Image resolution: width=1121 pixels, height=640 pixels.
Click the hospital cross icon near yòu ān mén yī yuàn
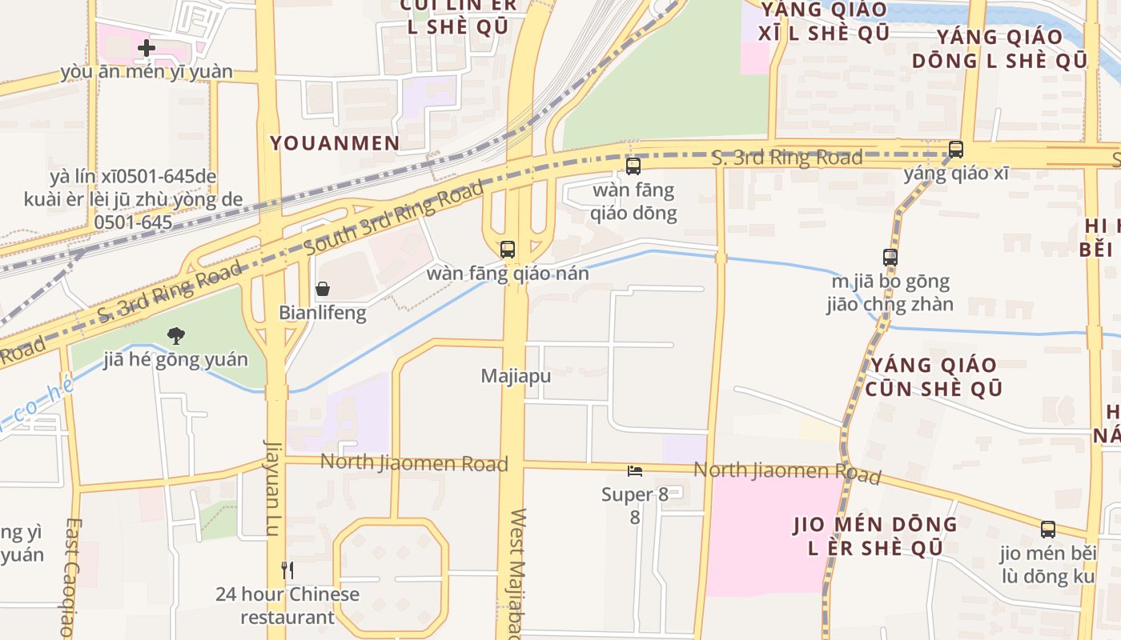tap(146, 48)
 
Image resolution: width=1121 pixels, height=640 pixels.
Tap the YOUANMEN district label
tap(335, 143)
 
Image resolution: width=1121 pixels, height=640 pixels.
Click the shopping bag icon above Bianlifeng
tap(323, 289)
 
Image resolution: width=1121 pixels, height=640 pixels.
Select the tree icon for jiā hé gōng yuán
tap(176, 336)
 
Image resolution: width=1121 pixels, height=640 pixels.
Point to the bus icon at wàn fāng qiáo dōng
tap(633, 166)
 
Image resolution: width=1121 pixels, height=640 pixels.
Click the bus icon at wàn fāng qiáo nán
tap(508, 249)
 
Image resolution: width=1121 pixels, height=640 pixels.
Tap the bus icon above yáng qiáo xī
tap(955, 150)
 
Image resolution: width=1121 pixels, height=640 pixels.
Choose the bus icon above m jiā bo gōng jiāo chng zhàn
tap(890, 258)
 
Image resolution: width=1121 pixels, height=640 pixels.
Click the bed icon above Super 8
tap(635, 471)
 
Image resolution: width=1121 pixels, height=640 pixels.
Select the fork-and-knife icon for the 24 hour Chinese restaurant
tap(287, 570)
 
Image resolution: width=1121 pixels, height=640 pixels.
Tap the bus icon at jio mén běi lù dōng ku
tap(1048, 529)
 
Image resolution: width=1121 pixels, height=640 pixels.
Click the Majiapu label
tap(516, 375)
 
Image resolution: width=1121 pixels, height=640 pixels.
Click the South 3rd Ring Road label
tap(395, 218)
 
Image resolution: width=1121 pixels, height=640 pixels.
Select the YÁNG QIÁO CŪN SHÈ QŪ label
tap(934, 377)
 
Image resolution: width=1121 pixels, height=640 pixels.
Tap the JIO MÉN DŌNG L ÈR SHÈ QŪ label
tap(874, 537)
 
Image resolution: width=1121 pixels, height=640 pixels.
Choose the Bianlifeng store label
tap(323, 313)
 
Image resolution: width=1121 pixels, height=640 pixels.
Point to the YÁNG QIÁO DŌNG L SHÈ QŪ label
tap(999, 49)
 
